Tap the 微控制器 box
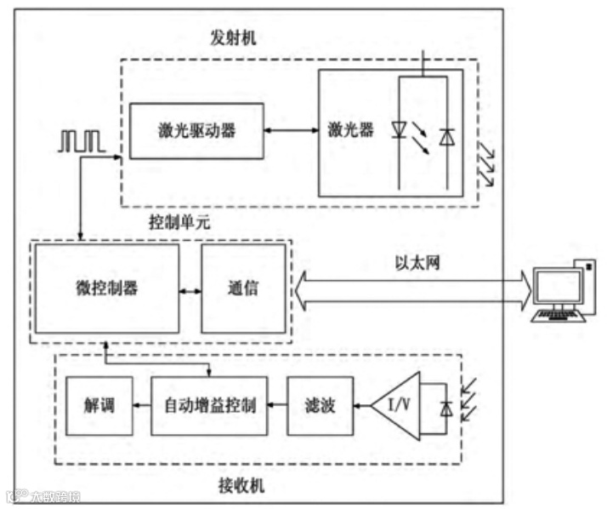click(106, 288)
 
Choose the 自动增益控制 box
click(209, 405)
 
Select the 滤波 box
click(319, 405)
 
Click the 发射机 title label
click(232, 37)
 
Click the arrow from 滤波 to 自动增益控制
click(277, 405)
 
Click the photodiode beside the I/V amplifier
click(445, 409)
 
